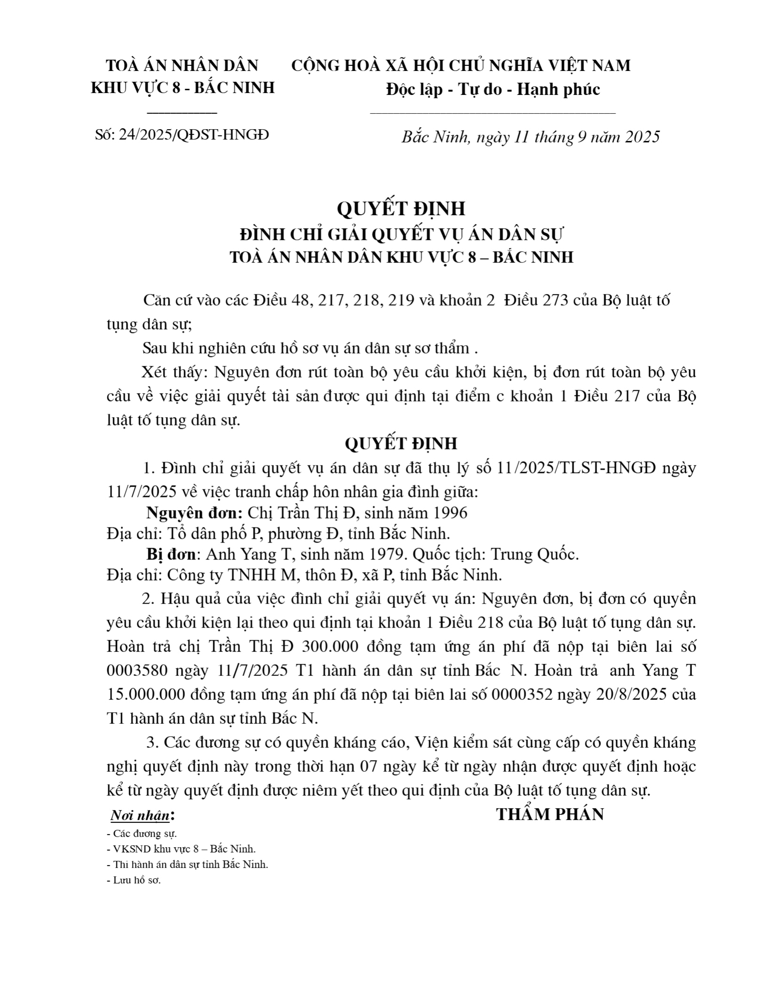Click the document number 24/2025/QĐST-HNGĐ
pos(194,135)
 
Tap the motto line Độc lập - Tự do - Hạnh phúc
pos(493,89)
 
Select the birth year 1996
pos(450,512)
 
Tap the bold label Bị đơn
pos(171,554)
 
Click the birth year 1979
pos(388,555)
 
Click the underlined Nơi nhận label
pos(140,816)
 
